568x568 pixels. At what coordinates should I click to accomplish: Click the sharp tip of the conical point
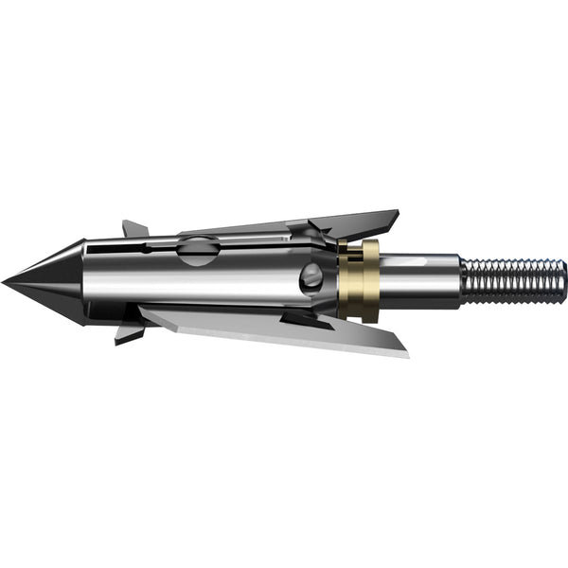tap(4, 281)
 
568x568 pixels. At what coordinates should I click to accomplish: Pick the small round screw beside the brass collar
tap(311, 277)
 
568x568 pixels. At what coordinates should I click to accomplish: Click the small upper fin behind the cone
tap(134, 229)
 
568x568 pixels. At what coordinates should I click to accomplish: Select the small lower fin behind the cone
tap(129, 332)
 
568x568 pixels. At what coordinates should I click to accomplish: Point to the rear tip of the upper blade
tap(397, 214)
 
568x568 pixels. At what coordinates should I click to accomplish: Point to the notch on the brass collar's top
tap(357, 244)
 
